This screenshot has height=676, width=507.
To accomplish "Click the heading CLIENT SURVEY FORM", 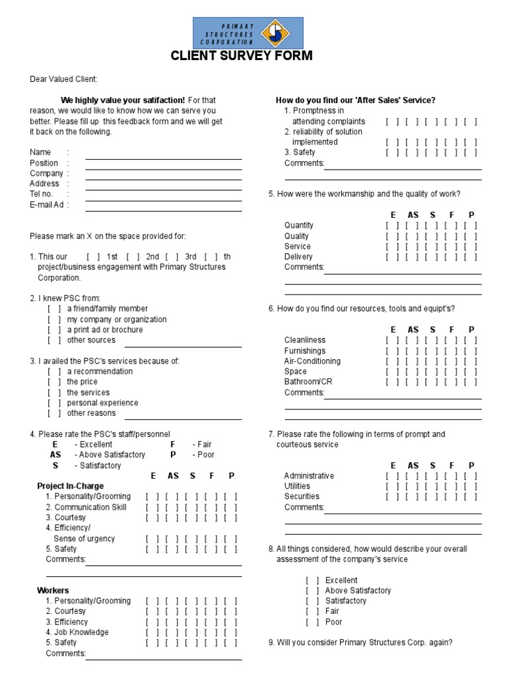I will point(242,56).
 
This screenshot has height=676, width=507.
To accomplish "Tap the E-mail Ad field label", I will point(48,205).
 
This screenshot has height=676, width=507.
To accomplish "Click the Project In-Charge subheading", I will point(70,486).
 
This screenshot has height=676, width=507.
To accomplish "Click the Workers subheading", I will point(53,590).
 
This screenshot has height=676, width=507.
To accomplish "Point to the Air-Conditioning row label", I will point(312,361).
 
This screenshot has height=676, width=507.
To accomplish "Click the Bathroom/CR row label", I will point(308,382).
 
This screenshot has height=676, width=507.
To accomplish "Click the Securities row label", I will point(302,496).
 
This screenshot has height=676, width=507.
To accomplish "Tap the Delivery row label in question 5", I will point(298,257).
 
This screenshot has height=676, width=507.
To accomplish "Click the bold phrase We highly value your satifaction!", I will point(123,100).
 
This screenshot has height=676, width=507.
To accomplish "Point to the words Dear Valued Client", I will point(63,79).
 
